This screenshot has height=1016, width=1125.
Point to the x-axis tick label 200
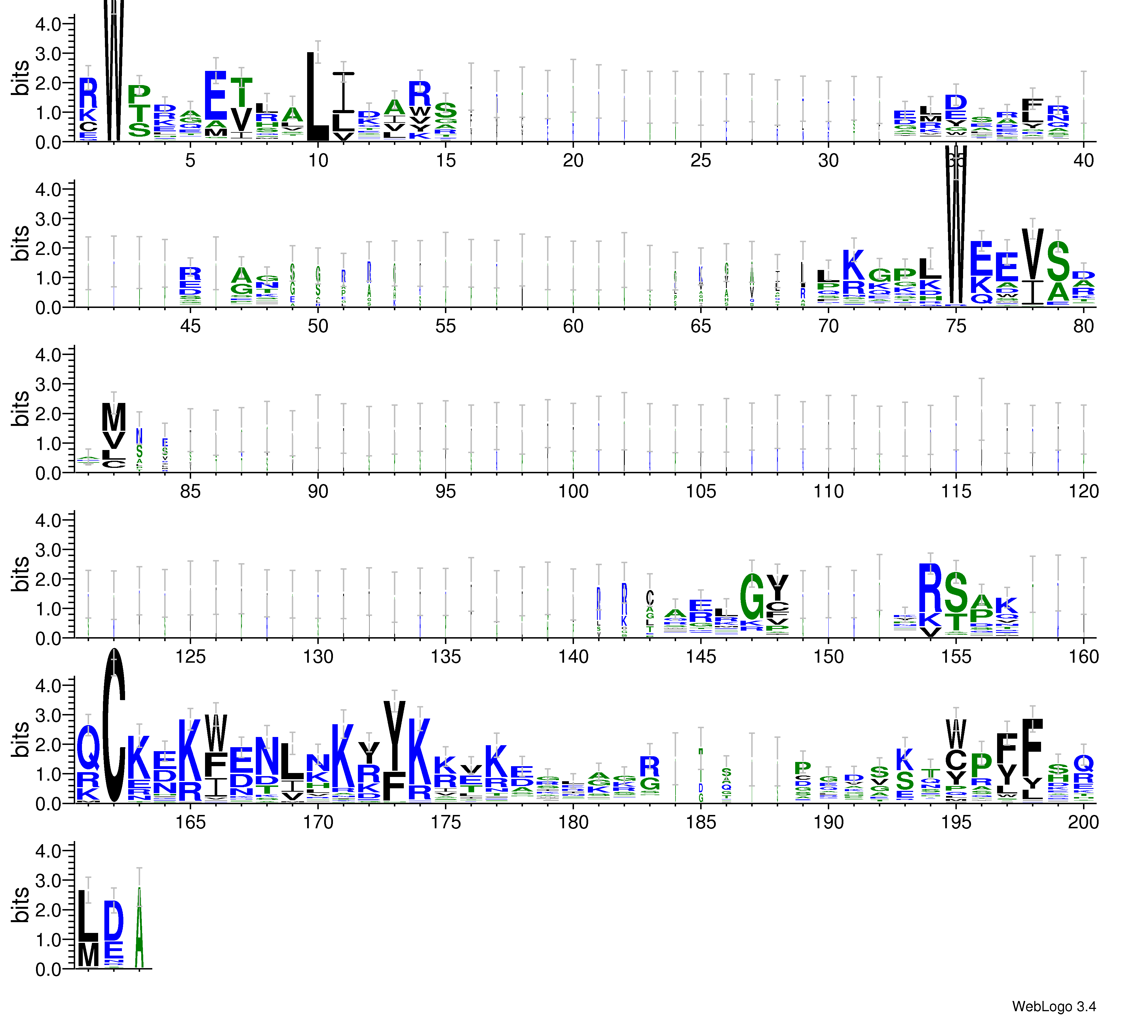click(1083, 822)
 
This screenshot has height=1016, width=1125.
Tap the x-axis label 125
click(190, 657)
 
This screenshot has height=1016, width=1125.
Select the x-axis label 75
click(956, 326)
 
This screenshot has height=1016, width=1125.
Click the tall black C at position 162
click(114, 725)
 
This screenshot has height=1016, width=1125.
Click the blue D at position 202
click(114, 921)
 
